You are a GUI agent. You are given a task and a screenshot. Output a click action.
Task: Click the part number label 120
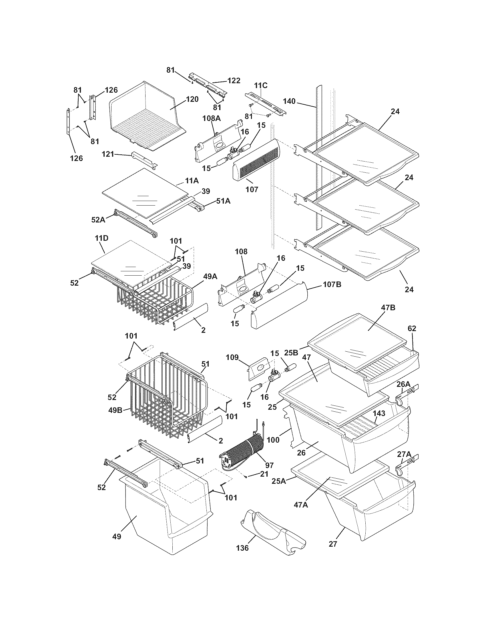pos(192,99)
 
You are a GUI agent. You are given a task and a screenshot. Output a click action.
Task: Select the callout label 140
pos(289,101)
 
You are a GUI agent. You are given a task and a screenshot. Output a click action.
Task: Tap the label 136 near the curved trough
pos(242,548)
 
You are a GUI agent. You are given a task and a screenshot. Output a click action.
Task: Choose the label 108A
pos(211,118)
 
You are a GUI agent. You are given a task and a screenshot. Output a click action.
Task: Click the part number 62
pos(412,328)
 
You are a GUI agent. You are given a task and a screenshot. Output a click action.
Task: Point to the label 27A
pos(404,454)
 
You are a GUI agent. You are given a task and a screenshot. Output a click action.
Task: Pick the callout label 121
pos(108,155)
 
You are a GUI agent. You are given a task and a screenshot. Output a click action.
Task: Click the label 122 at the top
pos(234,81)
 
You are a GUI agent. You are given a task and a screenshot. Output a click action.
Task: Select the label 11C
pos(260,85)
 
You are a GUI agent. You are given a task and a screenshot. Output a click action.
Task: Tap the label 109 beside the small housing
pos(232,357)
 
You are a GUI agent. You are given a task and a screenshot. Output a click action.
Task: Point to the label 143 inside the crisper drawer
pos(379,414)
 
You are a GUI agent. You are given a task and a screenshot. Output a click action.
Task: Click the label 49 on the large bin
pos(117,536)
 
